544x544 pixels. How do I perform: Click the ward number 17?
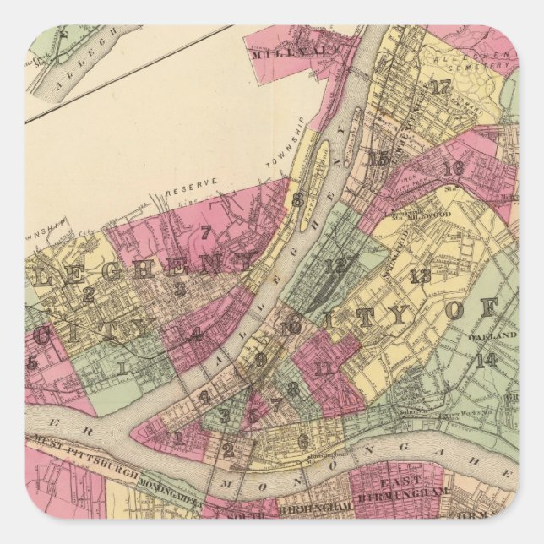coord(439,87)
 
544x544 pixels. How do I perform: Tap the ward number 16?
coord(453,168)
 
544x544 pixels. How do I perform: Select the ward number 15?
coord(378,158)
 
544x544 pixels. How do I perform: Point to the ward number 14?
coord(486,360)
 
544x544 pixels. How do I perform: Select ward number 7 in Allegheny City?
coord(204,232)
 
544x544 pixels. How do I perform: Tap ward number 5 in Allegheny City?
coord(33,362)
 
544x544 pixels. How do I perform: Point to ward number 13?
coord(420,275)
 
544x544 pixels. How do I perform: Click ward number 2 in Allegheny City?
coord(88,294)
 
